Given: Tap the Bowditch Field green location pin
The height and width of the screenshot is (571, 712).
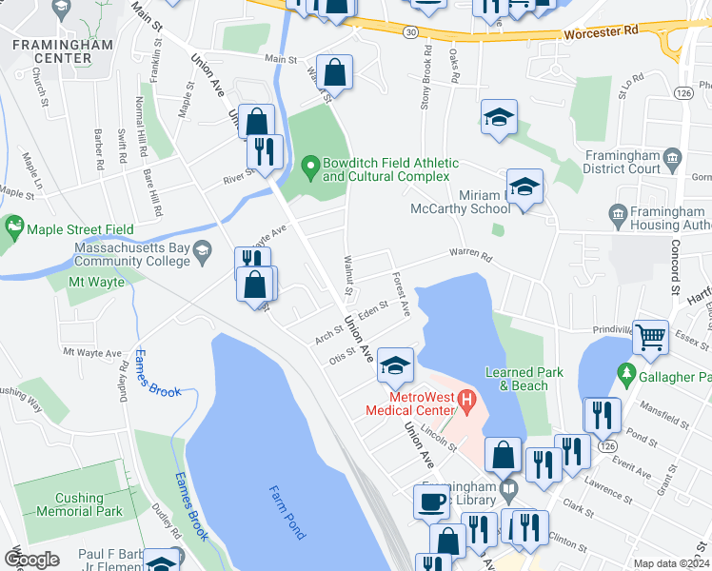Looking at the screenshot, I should coord(309,169).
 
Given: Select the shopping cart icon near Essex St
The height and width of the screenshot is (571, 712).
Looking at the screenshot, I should coord(649,336).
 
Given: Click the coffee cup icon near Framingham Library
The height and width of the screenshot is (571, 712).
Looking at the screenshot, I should coord(430,501).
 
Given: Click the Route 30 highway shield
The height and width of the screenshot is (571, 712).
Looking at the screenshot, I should coord(408,31).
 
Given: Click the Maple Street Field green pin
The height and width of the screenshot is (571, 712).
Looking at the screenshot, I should coord(13,228).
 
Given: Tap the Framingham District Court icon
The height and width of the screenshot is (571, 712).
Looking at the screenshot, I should coord(672,156).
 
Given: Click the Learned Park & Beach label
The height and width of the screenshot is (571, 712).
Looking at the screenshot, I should coord(516,379).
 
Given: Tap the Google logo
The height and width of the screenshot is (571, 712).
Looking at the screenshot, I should coord(30,560).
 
